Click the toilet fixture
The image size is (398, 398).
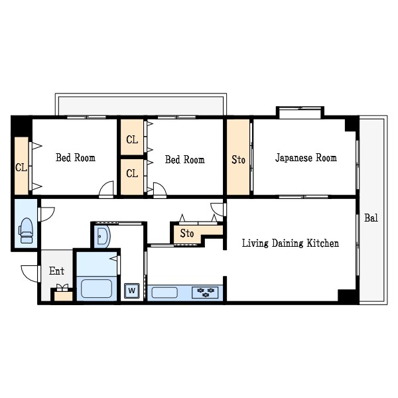coord(26,230)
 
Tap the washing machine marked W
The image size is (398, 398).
coord(132,291)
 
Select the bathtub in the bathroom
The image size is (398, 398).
coord(96,289)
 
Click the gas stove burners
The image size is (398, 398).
coord(205,292)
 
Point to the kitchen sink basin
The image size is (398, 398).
coord(165,293)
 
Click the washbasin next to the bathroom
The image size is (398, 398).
coord(103,236)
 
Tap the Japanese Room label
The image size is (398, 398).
coord(306,158)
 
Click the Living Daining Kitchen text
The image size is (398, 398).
coord(291,243)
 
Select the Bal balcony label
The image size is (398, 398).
coord(371,218)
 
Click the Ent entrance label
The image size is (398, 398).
coord(56,271)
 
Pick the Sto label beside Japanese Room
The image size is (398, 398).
coord(238,160)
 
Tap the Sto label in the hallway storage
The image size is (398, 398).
coord(187,233)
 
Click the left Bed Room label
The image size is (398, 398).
coord(76,158)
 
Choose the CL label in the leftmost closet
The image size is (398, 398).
coord(21,168)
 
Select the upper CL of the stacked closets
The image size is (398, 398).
coord(132,139)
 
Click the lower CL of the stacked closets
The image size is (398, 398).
coord(132,174)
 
